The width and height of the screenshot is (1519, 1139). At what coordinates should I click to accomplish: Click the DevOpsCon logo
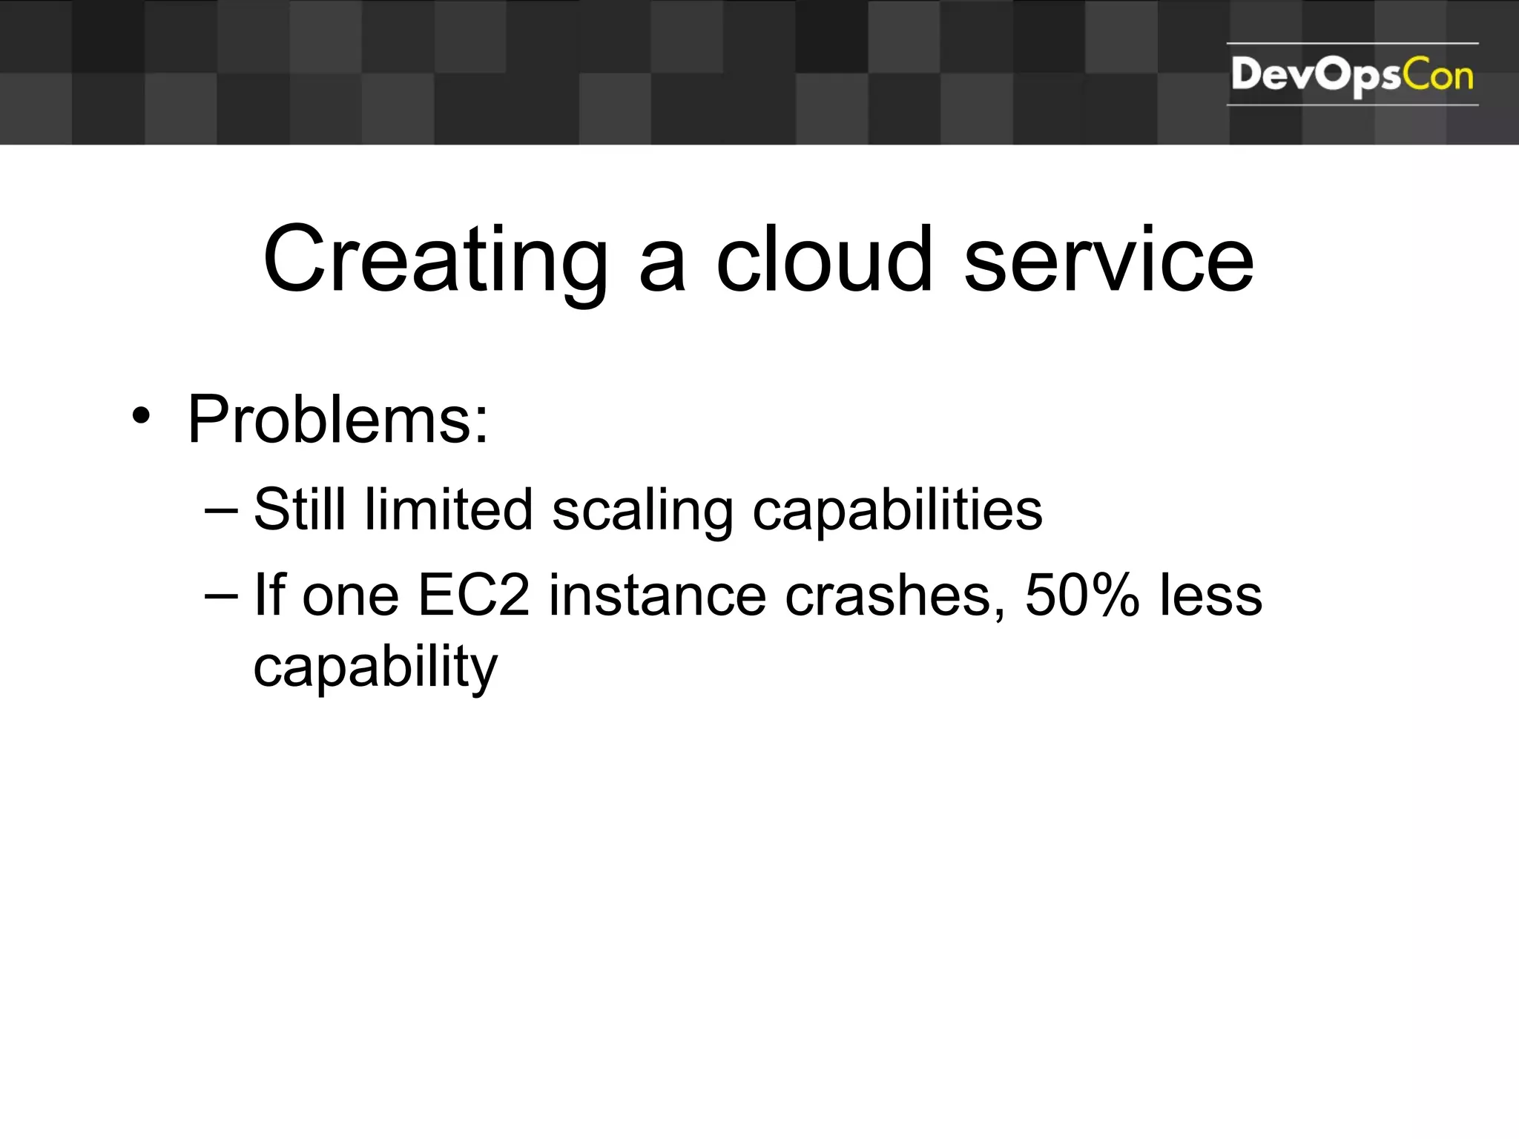pyautogui.click(x=1351, y=76)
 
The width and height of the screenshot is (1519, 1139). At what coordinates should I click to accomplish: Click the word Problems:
pyautogui.click(x=338, y=420)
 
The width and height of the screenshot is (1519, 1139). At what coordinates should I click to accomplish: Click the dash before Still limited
pyautogui.click(x=221, y=511)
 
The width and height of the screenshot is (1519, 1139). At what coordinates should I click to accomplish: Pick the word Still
pyautogui.click(x=300, y=509)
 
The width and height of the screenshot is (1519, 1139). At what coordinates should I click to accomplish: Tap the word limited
pyautogui.click(x=448, y=509)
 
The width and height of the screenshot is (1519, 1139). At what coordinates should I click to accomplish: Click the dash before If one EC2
pyautogui.click(x=221, y=596)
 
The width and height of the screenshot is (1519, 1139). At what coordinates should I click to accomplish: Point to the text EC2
pyautogui.click(x=474, y=595)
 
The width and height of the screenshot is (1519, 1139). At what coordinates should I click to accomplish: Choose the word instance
pyautogui.click(x=657, y=595)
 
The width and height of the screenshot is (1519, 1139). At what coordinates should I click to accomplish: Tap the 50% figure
pyautogui.click(x=1081, y=595)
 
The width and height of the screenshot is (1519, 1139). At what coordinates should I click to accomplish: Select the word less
pyautogui.click(x=1210, y=595)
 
